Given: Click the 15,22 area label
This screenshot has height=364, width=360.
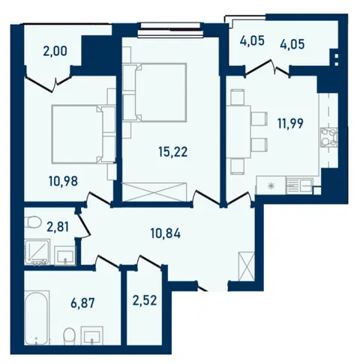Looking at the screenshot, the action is click(172, 151).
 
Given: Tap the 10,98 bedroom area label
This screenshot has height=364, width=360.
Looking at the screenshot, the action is click(63, 181).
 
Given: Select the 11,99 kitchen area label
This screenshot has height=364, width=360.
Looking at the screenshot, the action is click(290, 124).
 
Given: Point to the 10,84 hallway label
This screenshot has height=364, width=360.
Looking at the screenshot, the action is click(166, 234).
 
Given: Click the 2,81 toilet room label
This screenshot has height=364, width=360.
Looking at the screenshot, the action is click(58, 227).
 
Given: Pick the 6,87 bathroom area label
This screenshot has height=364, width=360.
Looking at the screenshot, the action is click(82, 303).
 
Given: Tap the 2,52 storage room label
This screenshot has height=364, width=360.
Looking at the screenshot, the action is click(145, 300).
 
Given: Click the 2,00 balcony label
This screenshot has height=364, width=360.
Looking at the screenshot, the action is click(55, 52).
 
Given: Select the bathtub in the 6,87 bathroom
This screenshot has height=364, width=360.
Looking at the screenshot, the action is click(37, 318).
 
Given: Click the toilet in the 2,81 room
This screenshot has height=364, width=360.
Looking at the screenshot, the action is click(33, 222).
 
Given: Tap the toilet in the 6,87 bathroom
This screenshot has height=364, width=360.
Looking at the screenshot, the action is click(69, 336).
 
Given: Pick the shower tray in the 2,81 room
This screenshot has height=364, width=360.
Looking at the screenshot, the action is click(37, 252).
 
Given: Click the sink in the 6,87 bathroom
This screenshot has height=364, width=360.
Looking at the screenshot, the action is click(92, 336).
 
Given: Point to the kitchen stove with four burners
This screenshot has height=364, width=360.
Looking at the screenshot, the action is click(329, 138).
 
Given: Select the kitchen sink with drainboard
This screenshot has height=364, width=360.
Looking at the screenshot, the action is click(299, 186).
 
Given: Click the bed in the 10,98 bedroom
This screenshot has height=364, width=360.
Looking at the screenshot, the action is click(83, 134).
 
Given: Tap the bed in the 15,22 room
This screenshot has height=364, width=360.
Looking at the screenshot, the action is click(154, 92).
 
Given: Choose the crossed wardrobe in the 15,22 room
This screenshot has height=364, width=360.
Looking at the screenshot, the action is click(154, 192).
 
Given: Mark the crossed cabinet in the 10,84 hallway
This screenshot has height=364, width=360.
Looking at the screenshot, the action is click(247, 267).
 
